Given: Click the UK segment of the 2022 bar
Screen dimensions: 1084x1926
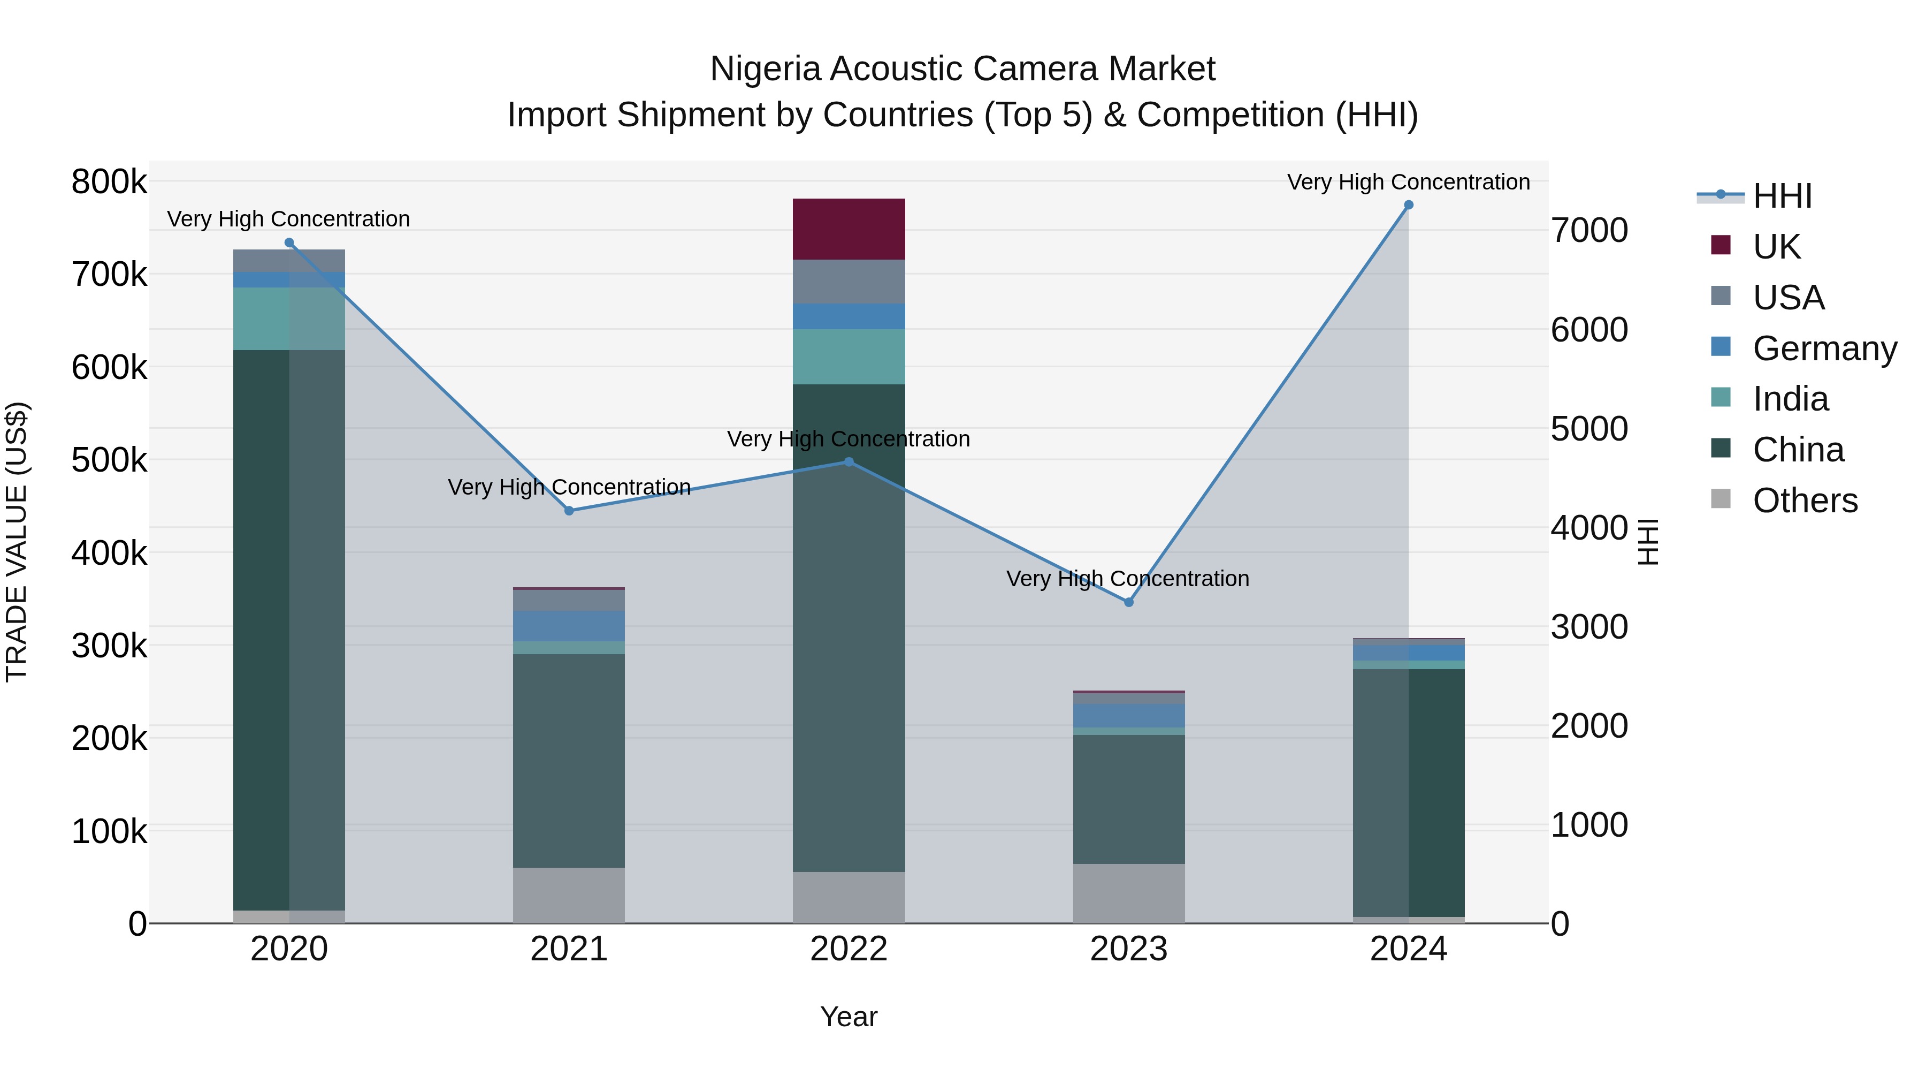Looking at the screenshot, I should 849,229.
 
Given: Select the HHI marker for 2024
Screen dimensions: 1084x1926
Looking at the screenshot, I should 1409,205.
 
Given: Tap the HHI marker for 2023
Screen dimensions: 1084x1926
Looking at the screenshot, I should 1129,602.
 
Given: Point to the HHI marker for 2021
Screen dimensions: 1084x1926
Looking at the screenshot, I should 569,511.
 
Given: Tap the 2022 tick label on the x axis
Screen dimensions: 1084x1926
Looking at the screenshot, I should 849,949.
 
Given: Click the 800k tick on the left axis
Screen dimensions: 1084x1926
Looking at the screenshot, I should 109,182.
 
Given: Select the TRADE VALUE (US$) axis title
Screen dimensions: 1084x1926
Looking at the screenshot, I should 17,542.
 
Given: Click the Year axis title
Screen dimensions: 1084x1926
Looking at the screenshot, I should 849,1017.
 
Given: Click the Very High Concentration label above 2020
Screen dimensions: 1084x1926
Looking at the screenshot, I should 288,219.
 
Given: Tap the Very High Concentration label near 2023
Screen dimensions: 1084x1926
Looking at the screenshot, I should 1127,579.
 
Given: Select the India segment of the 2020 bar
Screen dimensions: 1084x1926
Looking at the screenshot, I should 288,319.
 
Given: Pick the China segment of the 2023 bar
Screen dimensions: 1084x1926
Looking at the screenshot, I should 1129,799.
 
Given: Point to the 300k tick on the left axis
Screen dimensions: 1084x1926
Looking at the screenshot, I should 109,646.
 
